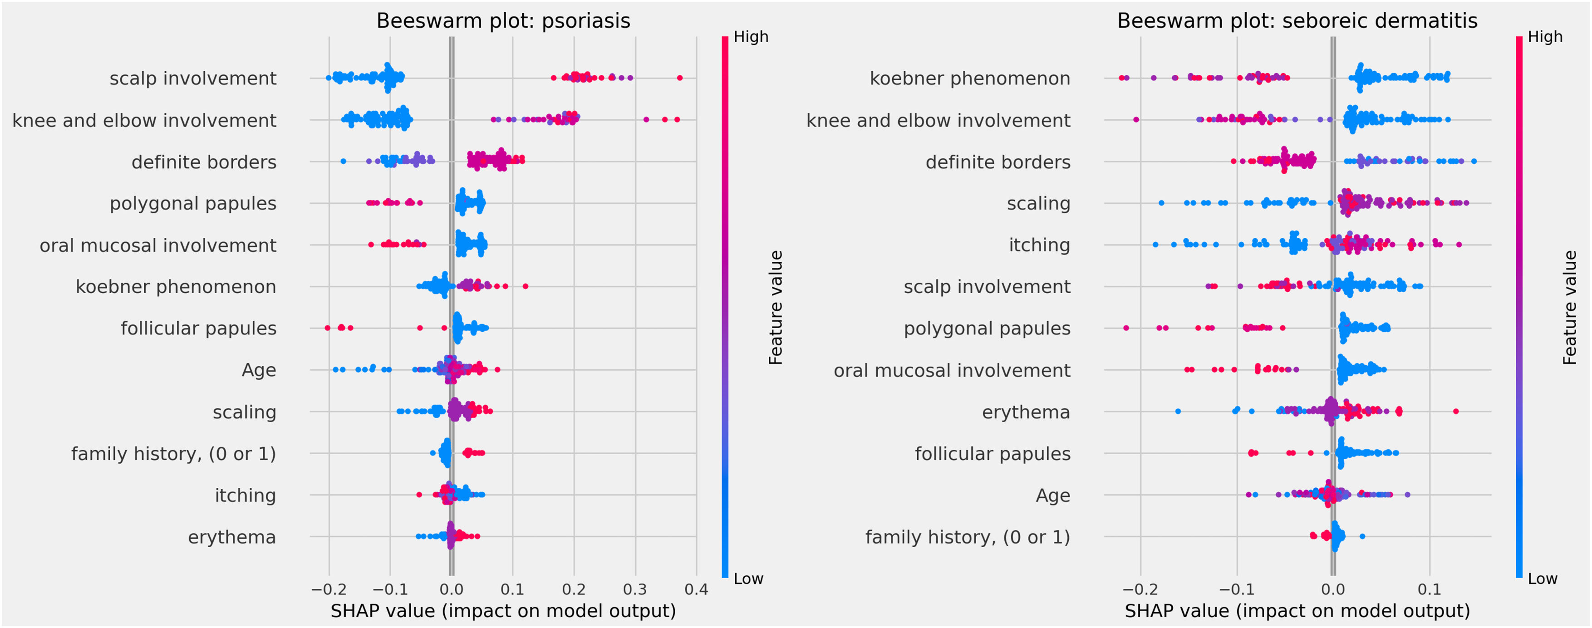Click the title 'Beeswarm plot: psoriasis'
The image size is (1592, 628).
[503, 21]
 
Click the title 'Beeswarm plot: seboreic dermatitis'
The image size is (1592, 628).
[1297, 21]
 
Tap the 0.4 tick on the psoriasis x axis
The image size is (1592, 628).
[696, 589]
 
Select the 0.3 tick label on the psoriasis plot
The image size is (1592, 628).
[635, 589]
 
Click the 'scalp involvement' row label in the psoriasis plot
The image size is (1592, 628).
[193, 78]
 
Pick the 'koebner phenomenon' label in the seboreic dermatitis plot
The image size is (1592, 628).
[970, 78]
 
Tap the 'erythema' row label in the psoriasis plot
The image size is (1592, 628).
[232, 537]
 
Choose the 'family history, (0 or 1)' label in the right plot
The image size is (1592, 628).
[967, 537]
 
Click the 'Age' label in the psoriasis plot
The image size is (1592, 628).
[259, 370]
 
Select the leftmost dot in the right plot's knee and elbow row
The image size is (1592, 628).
[1136, 119]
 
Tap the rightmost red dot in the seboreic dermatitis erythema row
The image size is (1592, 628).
[1456, 411]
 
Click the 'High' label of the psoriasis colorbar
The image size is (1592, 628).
[751, 37]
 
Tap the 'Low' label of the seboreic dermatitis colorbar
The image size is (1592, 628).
[1543, 579]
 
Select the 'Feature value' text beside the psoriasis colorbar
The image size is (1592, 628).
[776, 307]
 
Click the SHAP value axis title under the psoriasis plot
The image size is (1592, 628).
[503, 611]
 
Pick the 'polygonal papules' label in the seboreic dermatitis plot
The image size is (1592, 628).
[987, 328]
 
